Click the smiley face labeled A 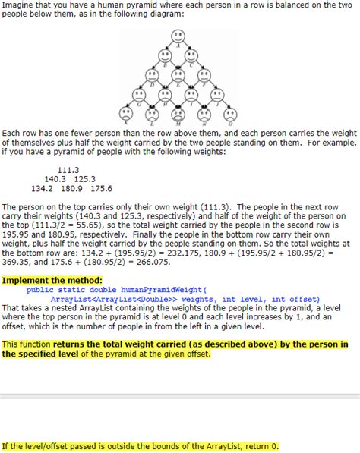[177, 36]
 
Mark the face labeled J [213, 95]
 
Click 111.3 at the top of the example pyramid [68, 170]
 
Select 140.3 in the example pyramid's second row [58, 179]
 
